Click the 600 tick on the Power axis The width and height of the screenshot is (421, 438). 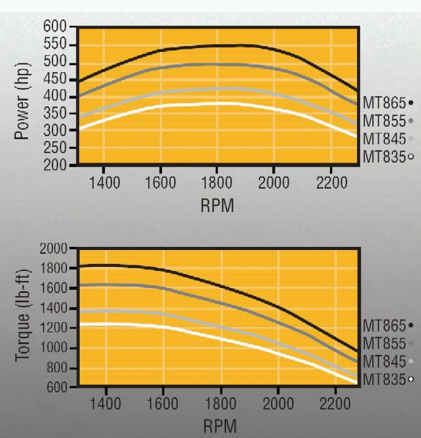(x=56, y=27)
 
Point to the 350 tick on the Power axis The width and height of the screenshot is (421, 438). (x=56, y=113)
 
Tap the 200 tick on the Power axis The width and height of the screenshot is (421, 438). (x=56, y=165)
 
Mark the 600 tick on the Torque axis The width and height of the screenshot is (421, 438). (x=55, y=388)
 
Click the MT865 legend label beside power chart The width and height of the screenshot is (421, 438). (x=384, y=103)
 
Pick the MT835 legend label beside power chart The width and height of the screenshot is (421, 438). (x=384, y=156)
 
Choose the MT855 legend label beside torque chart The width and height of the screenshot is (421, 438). (x=384, y=344)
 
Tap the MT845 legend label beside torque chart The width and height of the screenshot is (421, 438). (x=384, y=361)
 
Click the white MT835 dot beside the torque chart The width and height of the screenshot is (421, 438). (x=411, y=379)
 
